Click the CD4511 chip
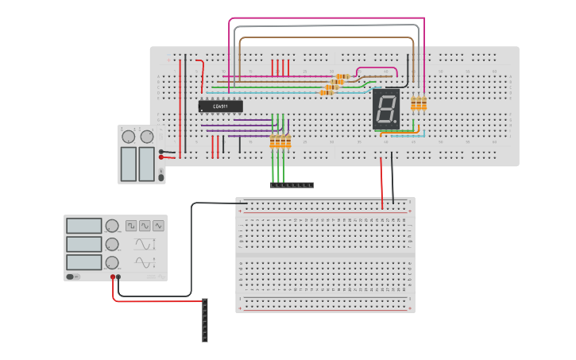pos(220,106)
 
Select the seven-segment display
pos(385,109)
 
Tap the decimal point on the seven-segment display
pos(395,122)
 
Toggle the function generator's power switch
pos(70,277)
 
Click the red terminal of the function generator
pos(113,277)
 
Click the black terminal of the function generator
pos(119,277)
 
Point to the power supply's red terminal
pos(161,157)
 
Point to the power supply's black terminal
pos(161,151)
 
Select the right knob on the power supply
pos(146,137)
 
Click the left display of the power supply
pos(128,164)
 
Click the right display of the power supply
pos(146,164)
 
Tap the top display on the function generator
pos(83,226)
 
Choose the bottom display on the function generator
pos(83,262)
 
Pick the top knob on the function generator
pos(112,226)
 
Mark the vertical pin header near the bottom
pos(205,320)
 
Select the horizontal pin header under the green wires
pos(292,185)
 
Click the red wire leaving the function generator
pos(151,301)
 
